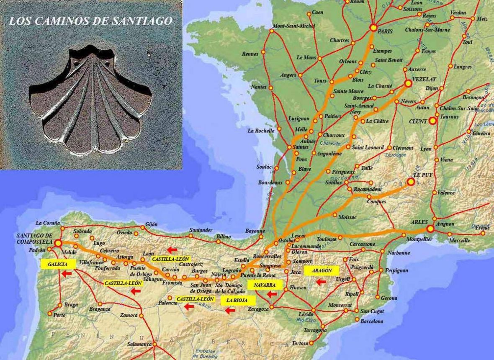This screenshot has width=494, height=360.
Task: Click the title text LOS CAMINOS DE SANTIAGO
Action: click(90, 21)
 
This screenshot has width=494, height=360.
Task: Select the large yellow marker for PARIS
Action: click(373, 28)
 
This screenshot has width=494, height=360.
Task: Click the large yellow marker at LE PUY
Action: click(411, 182)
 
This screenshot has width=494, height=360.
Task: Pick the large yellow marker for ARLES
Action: click(430, 229)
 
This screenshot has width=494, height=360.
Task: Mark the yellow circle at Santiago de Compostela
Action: click(58, 243)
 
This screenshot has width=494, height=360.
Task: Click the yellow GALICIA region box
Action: click(58, 264)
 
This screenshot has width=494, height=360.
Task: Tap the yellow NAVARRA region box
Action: click(264, 285)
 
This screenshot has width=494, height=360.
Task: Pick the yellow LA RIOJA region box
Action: click(235, 300)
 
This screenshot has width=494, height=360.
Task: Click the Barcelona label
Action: click(372, 321)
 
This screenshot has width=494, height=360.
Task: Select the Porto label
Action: click(60, 315)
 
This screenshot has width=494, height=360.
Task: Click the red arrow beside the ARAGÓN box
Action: click(321, 282)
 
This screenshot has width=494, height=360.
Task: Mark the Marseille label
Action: click(459, 241)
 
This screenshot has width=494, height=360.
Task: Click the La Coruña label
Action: click(48, 223)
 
